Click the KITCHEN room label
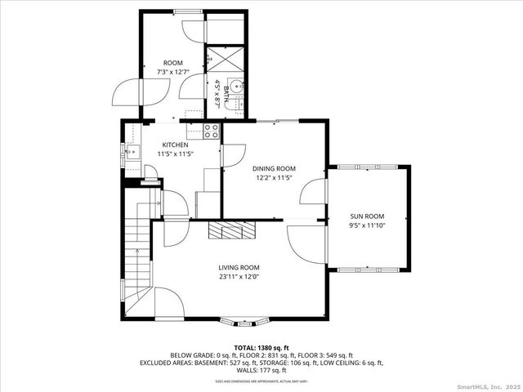[174, 145]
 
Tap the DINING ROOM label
[274, 168]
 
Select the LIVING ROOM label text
[239, 267]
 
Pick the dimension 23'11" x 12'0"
[239, 276]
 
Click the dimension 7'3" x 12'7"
[172, 72]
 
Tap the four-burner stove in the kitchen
[211, 129]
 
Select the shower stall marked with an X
[218, 60]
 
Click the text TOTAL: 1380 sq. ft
[261, 348]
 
